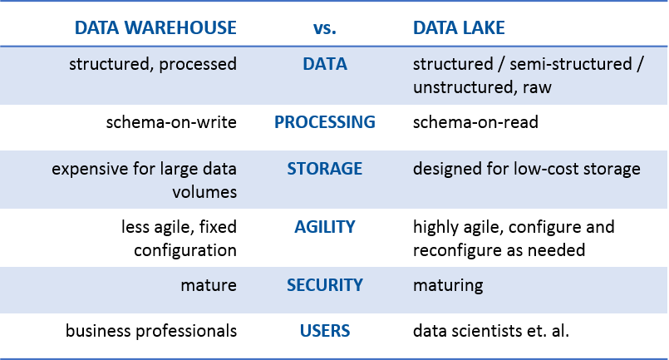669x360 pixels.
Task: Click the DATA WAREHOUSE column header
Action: pos(155,28)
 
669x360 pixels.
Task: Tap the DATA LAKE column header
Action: pos(459,28)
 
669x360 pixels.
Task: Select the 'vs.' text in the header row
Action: pos(324,28)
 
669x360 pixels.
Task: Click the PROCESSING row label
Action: pos(324,122)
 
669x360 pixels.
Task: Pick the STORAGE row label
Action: pos(324,169)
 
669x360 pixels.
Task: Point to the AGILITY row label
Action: pos(324,226)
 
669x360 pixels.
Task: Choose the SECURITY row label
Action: pos(324,285)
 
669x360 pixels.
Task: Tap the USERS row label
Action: pos(324,331)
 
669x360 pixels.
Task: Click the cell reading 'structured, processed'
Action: pos(153,65)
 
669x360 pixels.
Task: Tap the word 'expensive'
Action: pos(87,170)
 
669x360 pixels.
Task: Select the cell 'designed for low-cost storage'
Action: pos(527,170)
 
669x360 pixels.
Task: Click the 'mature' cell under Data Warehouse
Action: pos(209,286)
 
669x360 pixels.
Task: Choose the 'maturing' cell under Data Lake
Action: pos(448,286)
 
